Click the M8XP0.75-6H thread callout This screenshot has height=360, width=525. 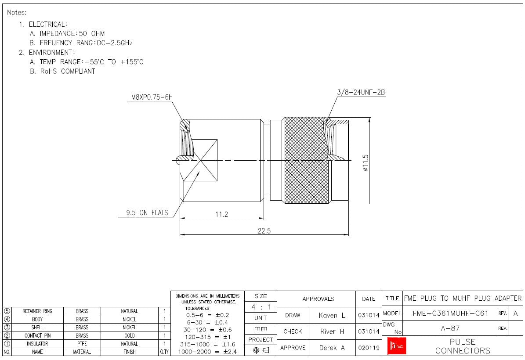click(x=152, y=97)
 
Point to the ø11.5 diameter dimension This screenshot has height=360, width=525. click(x=366, y=162)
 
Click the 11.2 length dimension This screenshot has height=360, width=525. click(x=221, y=214)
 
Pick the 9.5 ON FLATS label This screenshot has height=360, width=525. click(x=147, y=213)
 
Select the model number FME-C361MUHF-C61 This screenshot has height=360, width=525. click(x=450, y=313)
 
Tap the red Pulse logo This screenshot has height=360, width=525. click(x=395, y=346)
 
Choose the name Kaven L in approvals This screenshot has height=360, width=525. click(x=332, y=315)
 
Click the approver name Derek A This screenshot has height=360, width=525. click(x=332, y=348)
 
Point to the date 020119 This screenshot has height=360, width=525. click(x=368, y=348)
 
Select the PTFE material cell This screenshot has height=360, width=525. click(x=82, y=344)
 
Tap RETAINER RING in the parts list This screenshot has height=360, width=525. click(x=37, y=311)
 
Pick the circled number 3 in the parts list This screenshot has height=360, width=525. click(x=7, y=328)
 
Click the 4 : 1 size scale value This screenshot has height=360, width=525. click(x=261, y=307)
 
